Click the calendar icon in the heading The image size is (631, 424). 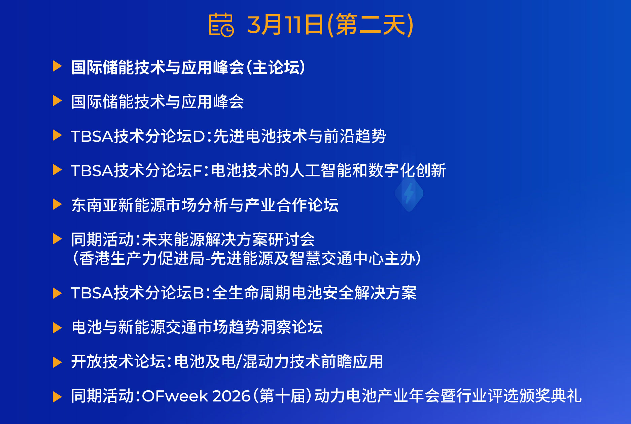point(221,25)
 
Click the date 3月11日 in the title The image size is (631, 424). point(285,25)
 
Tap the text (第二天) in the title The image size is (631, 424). point(370,25)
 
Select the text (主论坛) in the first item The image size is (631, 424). point(276,67)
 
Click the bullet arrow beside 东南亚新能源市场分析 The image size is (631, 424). point(57,204)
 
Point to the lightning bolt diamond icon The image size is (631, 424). point(409,193)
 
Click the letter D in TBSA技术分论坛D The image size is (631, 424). point(199,136)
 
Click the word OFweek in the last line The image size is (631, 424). point(175,396)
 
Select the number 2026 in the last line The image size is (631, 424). point(232,396)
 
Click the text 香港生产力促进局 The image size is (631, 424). point(142,259)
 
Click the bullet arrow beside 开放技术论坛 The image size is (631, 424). point(57,362)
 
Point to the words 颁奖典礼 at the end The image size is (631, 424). point(550,396)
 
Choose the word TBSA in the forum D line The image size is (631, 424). point(92,136)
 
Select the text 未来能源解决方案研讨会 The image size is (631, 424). point(228,239)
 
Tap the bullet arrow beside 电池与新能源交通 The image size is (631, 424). point(57,328)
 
